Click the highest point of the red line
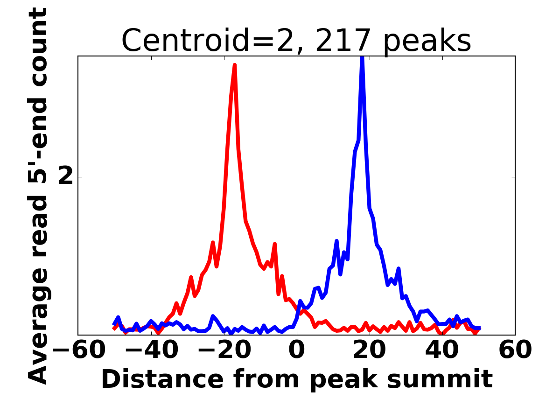[235, 65]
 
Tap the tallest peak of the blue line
[362, 58]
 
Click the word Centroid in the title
[185, 41]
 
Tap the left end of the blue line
[114, 323]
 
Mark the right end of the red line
[479, 329]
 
